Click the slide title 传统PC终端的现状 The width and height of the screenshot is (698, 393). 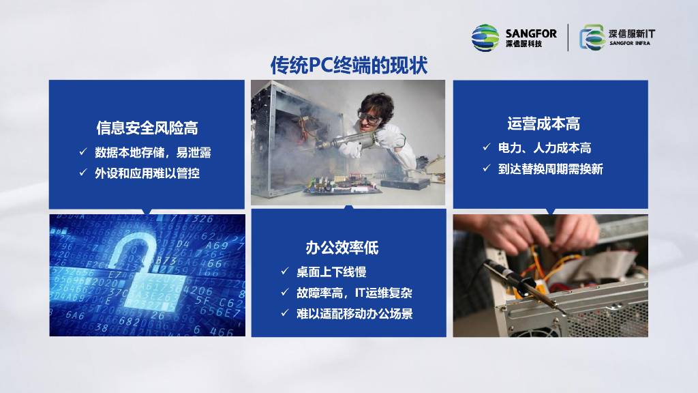[x=349, y=65]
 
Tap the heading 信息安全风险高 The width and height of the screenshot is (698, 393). [x=147, y=128]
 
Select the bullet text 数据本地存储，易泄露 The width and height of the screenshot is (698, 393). [x=153, y=152]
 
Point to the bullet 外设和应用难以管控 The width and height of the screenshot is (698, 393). [x=147, y=173]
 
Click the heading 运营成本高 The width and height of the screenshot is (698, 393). [x=543, y=123]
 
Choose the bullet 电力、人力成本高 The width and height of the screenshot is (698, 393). [x=545, y=148]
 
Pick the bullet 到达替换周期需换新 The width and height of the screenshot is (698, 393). [x=550, y=169]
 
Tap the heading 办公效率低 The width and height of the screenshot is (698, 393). [x=342, y=247]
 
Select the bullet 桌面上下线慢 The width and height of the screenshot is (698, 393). [x=331, y=272]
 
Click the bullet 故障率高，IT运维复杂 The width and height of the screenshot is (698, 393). [x=354, y=293]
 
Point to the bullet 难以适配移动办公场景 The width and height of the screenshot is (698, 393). [x=354, y=314]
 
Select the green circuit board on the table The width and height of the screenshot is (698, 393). [x=342, y=184]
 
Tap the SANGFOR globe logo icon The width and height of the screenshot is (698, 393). [x=485, y=38]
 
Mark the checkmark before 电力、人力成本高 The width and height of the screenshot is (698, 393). [x=487, y=147]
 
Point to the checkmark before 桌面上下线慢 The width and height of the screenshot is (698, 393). [x=285, y=271]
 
